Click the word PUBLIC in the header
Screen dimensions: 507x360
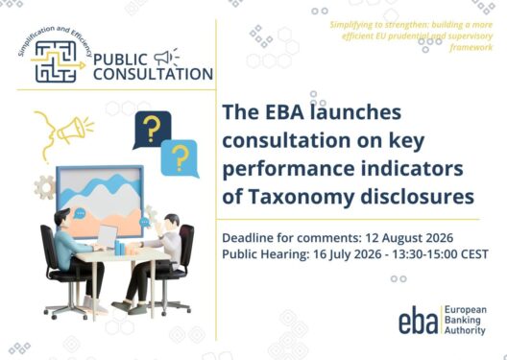coord(120,60)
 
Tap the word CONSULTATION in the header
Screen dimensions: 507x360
coord(154,74)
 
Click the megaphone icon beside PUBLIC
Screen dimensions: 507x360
coord(166,58)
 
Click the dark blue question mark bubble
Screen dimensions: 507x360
coord(152,129)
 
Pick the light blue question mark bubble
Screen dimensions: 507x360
coord(181,158)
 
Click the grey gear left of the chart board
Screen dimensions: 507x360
coord(44,187)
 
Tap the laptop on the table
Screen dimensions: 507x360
coord(107,236)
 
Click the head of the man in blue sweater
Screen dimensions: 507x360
coord(62,219)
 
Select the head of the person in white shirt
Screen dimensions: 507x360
coord(171,222)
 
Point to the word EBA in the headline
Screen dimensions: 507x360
coord(284,111)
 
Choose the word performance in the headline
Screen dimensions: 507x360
coord(288,169)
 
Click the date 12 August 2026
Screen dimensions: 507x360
coord(409,238)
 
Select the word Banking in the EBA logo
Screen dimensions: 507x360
coord(463,320)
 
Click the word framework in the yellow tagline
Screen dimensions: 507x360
coord(471,47)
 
